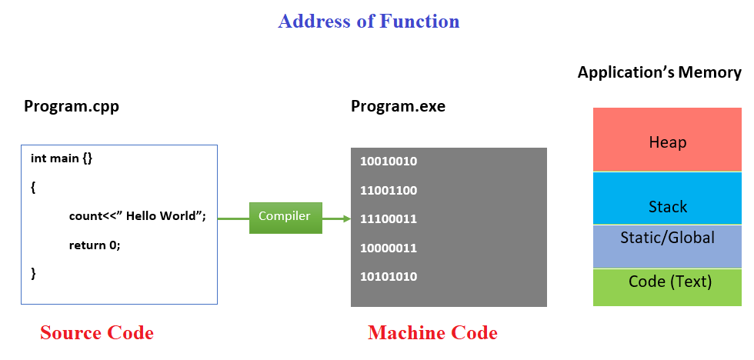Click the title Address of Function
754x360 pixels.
pos(369,21)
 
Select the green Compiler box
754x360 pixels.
pos(285,218)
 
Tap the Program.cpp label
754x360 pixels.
pos(72,106)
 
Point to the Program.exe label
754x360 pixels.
pos(398,106)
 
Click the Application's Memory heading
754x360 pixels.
pos(659,73)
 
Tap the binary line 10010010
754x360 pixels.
pos(389,162)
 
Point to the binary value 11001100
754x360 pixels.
pos(389,190)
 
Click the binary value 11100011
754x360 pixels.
pos(389,219)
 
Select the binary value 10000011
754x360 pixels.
pos(389,248)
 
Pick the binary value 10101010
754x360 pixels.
pos(389,276)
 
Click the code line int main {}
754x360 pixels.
pos(62,158)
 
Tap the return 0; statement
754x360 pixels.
pos(95,245)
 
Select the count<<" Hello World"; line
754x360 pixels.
pos(137,216)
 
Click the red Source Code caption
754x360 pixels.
pos(97,333)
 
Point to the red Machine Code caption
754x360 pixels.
pos(432,333)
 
